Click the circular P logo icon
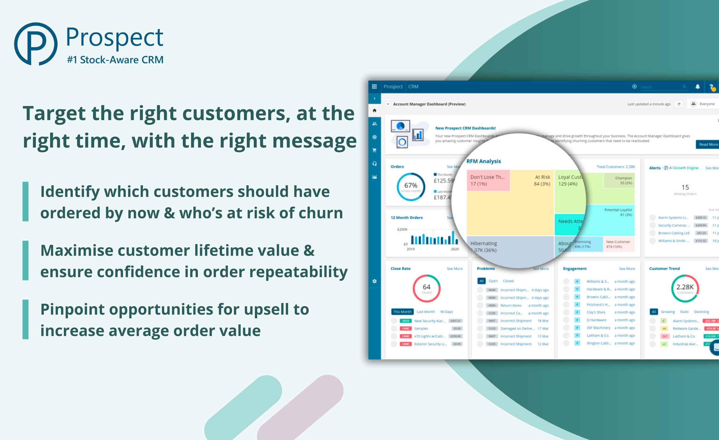click(x=36, y=44)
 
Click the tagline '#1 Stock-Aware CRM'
click(x=115, y=60)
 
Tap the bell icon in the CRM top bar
click(x=697, y=86)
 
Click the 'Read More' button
click(x=708, y=144)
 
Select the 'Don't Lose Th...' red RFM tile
click(x=488, y=181)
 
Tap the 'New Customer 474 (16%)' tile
click(x=618, y=244)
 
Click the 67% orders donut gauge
click(x=411, y=187)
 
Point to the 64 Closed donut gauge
click(x=426, y=288)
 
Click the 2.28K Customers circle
click(x=685, y=288)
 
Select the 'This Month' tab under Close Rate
click(x=402, y=311)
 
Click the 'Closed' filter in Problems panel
click(x=508, y=281)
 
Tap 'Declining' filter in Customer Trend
click(x=701, y=311)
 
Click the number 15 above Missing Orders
click(x=685, y=187)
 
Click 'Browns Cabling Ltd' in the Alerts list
click(x=673, y=233)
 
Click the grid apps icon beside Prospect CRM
click(x=374, y=86)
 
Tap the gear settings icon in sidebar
click(x=374, y=281)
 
